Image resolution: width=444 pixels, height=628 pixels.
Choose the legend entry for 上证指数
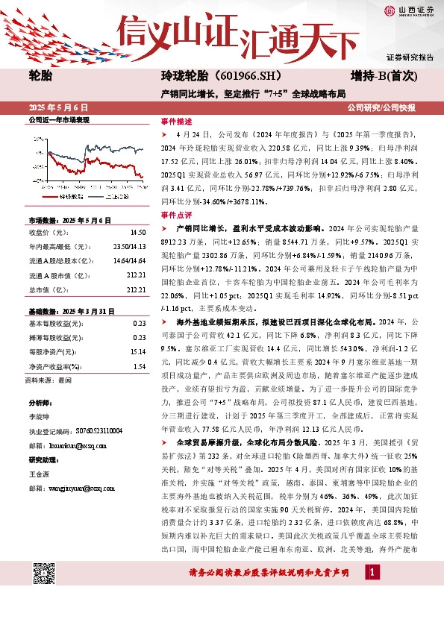click(x=122, y=197)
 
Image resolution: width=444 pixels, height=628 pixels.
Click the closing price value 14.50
click(x=137, y=233)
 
